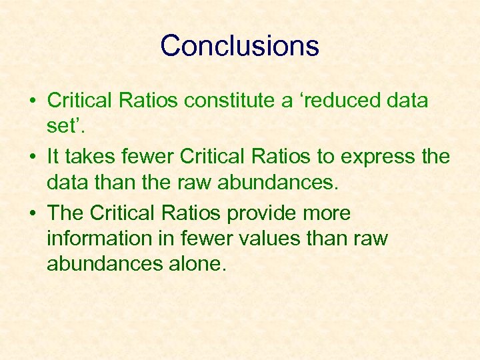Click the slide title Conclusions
pos(239,46)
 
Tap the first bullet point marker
pos(32,102)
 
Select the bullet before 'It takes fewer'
pos(32,158)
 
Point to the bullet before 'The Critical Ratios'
pos(32,214)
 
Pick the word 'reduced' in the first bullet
pos(340,101)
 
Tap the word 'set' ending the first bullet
pos(58,126)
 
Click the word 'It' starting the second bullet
pos(53,157)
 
